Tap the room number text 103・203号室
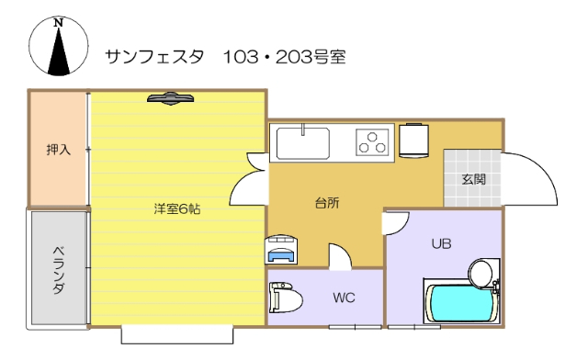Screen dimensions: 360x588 click(x=282, y=57)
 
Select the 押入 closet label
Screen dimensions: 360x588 click(x=59, y=149)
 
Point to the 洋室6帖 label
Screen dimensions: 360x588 click(x=176, y=208)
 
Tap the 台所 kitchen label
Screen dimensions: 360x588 click(x=326, y=203)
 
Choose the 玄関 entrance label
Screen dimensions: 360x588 click(x=474, y=178)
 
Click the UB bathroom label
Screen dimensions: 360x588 click(x=441, y=243)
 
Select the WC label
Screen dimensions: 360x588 click(x=344, y=298)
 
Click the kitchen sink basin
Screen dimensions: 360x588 click(x=302, y=143)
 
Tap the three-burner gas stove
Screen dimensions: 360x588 click(x=373, y=142)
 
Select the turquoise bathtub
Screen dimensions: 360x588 click(x=458, y=304)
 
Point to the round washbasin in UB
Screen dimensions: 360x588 click(x=481, y=272)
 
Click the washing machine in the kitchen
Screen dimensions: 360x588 click(x=281, y=249)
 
